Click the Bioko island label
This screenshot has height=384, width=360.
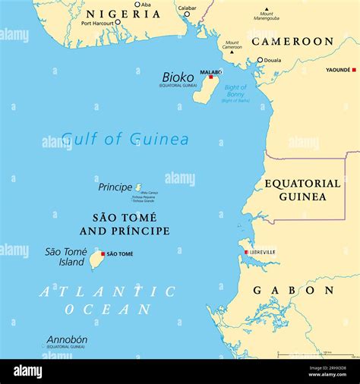coord(178,77)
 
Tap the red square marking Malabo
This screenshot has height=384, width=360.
coord(211,77)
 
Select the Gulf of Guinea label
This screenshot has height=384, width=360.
coord(125,139)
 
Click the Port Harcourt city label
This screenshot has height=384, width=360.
coord(96,22)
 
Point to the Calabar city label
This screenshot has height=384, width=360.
coord(187,8)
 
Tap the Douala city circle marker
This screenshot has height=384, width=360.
coord(260,60)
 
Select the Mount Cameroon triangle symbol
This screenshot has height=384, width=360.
coord(232,52)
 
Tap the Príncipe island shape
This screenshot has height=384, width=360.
coord(138,187)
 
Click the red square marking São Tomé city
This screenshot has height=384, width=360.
coord(103,253)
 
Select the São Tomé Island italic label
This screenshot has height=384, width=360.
coord(65,257)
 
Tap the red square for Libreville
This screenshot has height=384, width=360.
coord(246,252)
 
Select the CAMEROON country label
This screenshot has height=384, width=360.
coord(292,41)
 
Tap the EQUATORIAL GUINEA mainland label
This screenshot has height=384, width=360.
coord(302,190)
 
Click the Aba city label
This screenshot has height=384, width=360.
coord(146,5)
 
